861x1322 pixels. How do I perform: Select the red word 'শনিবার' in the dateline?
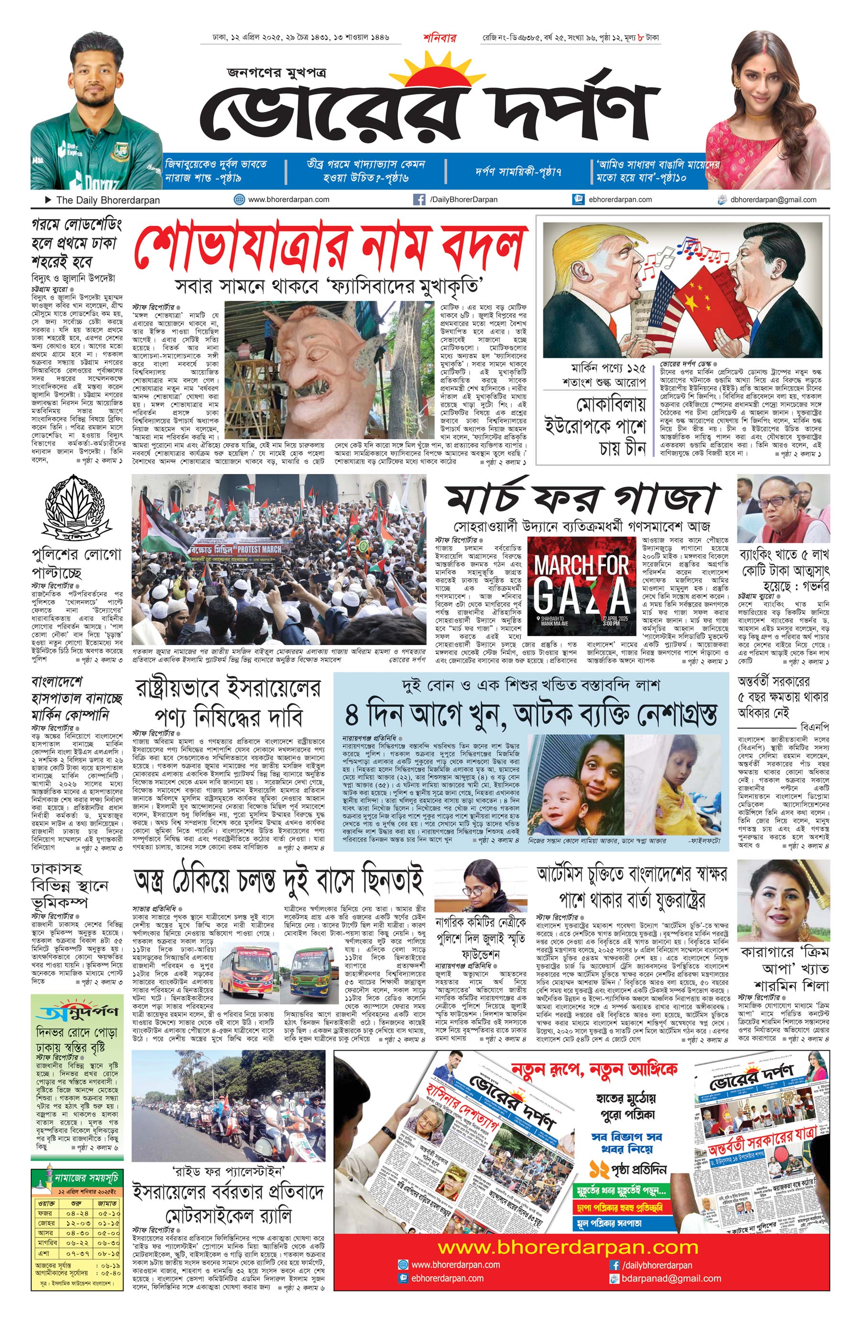pyautogui.click(x=439, y=38)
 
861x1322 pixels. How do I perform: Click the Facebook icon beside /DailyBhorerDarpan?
pyautogui.click(x=419, y=199)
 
